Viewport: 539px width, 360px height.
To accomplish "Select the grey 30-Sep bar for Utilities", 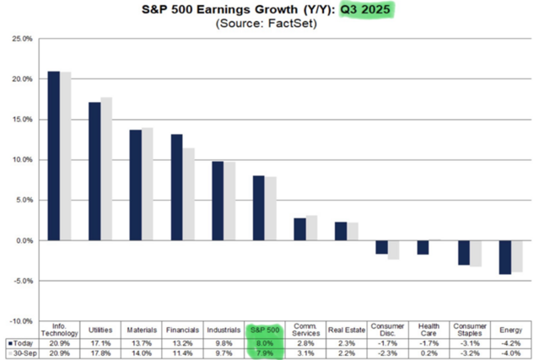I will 106,169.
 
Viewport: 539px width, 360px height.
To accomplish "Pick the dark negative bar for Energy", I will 504,257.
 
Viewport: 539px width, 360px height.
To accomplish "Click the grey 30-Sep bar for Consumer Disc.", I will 393,250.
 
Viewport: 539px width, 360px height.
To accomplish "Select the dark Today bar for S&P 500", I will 258,208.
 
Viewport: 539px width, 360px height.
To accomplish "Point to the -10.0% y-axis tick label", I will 21,321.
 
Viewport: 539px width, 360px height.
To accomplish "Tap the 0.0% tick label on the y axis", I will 24,240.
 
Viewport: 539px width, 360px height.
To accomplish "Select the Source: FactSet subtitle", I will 270,26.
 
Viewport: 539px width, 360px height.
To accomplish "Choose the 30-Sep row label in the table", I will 20,353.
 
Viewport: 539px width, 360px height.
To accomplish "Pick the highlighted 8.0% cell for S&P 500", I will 264,343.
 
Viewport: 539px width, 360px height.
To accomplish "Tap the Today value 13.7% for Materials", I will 141,343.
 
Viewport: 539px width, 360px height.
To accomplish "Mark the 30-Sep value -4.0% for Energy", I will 509,353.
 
